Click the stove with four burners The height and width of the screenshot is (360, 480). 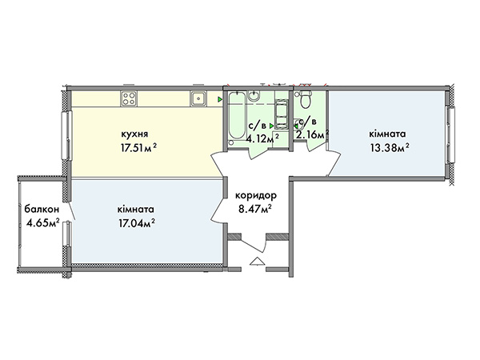(x=129, y=98)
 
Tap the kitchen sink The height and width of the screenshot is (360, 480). (x=198, y=98)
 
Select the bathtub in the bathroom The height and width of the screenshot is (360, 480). (x=237, y=116)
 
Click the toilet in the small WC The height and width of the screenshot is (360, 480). (x=305, y=99)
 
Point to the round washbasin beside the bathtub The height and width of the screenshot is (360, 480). (x=254, y=96)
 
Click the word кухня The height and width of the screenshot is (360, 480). (x=134, y=134)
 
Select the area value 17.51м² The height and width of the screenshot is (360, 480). (x=138, y=149)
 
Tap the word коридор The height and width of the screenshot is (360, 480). (x=256, y=195)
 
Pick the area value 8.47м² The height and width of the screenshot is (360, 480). (x=256, y=210)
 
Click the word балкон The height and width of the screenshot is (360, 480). (x=42, y=210)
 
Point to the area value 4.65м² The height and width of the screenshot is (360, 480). (x=43, y=223)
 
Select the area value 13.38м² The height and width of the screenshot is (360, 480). (x=390, y=149)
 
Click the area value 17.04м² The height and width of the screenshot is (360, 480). (x=136, y=224)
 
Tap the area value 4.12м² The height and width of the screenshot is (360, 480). (x=262, y=139)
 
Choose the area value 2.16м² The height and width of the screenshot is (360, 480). (x=312, y=134)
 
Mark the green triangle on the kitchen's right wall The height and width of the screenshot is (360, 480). (x=220, y=99)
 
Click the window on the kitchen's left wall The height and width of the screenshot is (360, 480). (x=66, y=135)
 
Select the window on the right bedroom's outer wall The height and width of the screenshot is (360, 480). (x=451, y=134)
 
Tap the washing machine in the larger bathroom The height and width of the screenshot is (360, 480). (x=282, y=115)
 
